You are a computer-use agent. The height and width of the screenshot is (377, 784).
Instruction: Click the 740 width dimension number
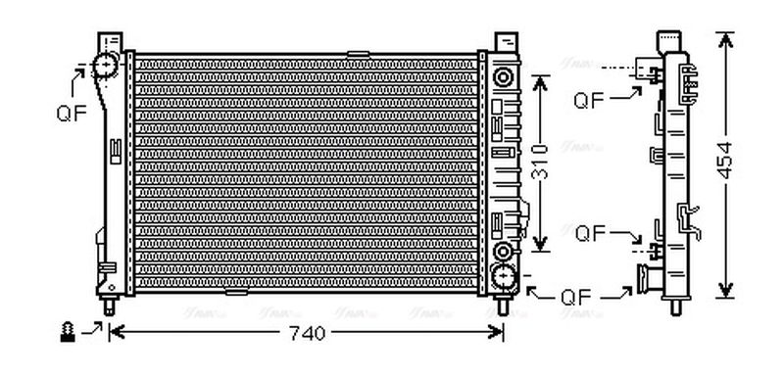click(x=306, y=333)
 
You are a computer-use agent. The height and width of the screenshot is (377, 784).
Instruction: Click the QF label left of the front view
click(x=71, y=112)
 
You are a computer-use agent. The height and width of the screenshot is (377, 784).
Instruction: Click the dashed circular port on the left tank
click(x=105, y=67)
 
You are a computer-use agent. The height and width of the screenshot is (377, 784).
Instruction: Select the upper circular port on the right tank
click(x=505, y=76)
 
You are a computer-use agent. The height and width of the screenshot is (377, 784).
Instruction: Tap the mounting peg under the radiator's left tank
click(x=109, y=305)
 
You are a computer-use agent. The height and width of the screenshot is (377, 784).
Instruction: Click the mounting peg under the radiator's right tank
click(x=504, y=306)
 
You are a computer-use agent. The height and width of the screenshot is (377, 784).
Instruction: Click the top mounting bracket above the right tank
click(x=504, y=43)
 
